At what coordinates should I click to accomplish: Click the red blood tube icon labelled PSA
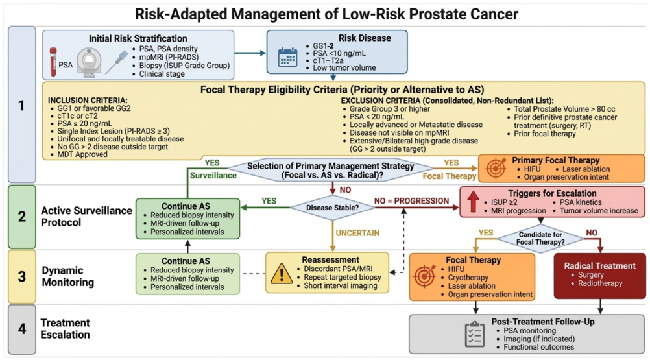point(53,62)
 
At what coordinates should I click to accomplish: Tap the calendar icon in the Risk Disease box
point(287,57)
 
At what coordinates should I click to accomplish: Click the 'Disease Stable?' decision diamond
point(333,208)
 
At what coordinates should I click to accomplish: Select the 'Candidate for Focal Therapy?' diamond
point(540,238)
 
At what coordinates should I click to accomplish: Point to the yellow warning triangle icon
point(282,274)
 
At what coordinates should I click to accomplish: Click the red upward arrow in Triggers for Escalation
point(473,201)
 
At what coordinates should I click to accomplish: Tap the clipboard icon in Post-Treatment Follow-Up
point(475,334)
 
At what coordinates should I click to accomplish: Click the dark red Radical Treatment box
point(599,276)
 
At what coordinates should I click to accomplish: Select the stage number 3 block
point(22,276)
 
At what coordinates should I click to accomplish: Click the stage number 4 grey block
point(22,329)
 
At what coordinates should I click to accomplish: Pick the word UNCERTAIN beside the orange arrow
point(357,233)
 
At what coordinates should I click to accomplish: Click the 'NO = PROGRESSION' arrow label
point(411,201)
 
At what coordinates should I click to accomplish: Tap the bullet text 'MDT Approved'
point(82,154)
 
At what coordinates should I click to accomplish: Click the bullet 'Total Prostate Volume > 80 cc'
point(564,109)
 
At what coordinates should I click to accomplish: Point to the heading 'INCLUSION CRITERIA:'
point(88,101)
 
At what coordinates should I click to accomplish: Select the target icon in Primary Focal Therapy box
point(496,168)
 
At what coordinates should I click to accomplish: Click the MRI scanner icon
point(89,62)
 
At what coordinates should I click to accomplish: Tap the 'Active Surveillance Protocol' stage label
point(86,216)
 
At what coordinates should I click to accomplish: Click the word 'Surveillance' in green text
point(213,176)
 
